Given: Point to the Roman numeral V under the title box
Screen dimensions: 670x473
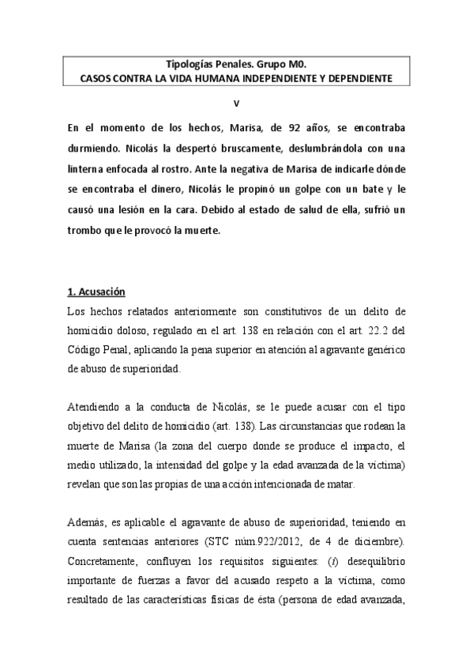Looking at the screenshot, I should click(x=235, y=104).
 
